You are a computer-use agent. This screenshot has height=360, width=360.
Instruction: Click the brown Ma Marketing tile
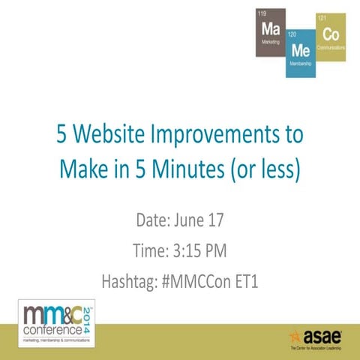tap(270, 33)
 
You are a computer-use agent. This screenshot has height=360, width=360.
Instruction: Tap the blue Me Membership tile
tap(301, 53)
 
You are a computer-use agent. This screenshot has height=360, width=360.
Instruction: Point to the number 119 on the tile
tap(262, 13)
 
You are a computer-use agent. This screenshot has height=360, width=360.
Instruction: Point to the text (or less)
tap(267, 169)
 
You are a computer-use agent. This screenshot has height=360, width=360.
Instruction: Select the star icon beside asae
tap(295, 334)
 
